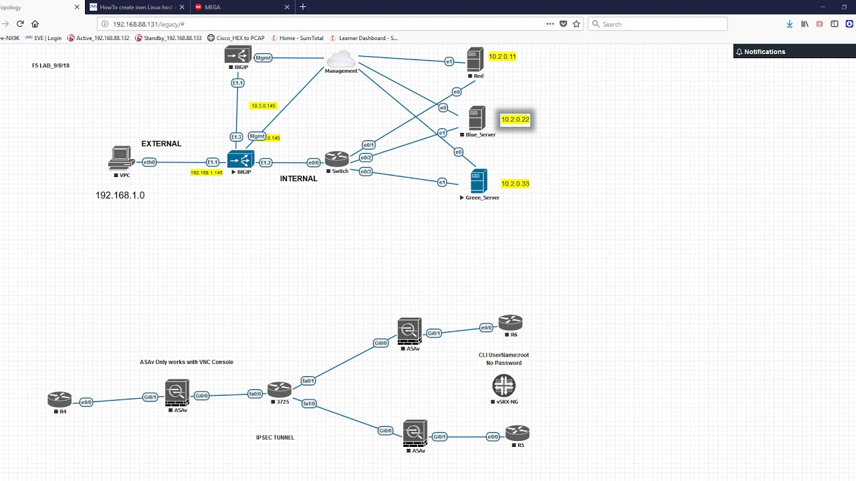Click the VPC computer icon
point(121,158)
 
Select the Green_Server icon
point(479,181)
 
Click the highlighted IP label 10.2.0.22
point(515,120)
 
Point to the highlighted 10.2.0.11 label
point(502,57)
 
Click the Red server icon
point(475,59)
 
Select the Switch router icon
point(337,159)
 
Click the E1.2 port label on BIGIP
point(265,162)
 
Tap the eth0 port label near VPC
point(149,162)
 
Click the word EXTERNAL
point(161,144)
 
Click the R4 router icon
point(60,399)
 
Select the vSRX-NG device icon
point(504,385)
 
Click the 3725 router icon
point(280,389)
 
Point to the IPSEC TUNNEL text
point(275,438)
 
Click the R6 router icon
point(510,323)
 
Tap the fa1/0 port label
point(309,404)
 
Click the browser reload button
point(20,24)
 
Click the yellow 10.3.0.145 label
point(263,106)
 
